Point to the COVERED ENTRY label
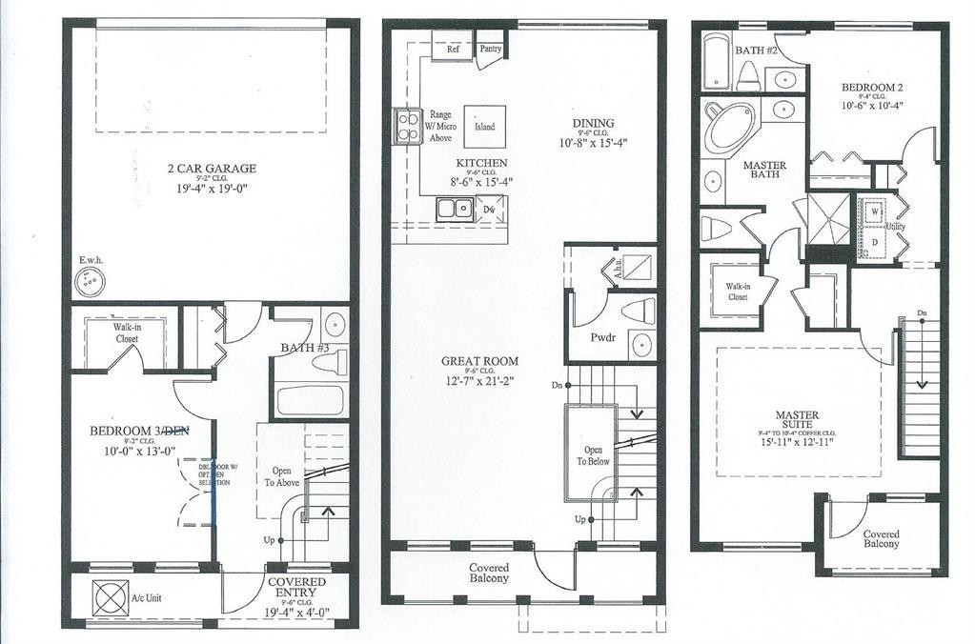[x=295, y=582]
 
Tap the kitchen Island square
[x=484, y=127]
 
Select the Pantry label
[x=491, y=48]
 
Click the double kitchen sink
[x=455, y=208]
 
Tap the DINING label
[x=593, y=123]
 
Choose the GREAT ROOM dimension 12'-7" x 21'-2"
[x=479, y=380]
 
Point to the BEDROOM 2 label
[x=871, y=89]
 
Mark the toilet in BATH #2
[x=748, y=76]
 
